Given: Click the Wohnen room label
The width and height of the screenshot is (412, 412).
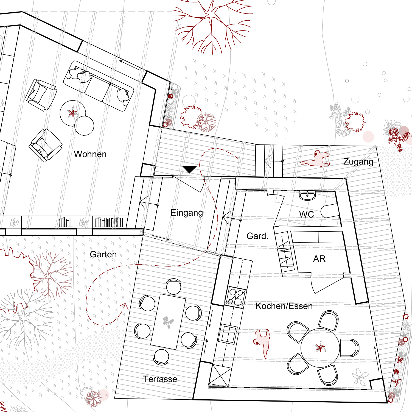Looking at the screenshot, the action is pos(90,154).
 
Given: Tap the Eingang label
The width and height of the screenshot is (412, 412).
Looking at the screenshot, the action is pos(187,213).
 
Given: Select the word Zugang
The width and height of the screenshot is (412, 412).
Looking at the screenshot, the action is pos(358,162).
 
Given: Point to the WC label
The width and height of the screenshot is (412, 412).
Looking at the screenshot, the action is pos(307,214).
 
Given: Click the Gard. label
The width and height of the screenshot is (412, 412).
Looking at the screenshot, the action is pos(257,236).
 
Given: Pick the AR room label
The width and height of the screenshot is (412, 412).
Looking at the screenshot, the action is pos(319,259).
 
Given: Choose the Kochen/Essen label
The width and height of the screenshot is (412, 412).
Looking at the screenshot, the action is pos(284,306).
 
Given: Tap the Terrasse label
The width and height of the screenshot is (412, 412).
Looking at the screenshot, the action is pos(160,379).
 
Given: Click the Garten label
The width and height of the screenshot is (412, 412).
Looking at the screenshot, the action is pos(103,254).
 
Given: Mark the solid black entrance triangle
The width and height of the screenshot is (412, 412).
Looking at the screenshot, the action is pos(190,169).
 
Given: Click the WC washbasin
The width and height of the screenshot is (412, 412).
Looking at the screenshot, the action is pos(307,196).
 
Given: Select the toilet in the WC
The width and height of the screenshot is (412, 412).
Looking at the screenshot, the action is pos(330,211).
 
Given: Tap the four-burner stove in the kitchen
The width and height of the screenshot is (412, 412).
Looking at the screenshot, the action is pos(235,296).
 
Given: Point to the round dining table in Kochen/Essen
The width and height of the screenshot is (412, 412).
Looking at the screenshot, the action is pos(320,348).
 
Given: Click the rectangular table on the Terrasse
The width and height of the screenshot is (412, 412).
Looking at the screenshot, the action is pos(168,322).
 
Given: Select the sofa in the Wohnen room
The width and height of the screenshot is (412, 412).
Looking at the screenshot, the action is pos(99,86).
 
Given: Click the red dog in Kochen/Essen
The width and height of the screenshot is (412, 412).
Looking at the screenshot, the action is pos(262,343).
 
